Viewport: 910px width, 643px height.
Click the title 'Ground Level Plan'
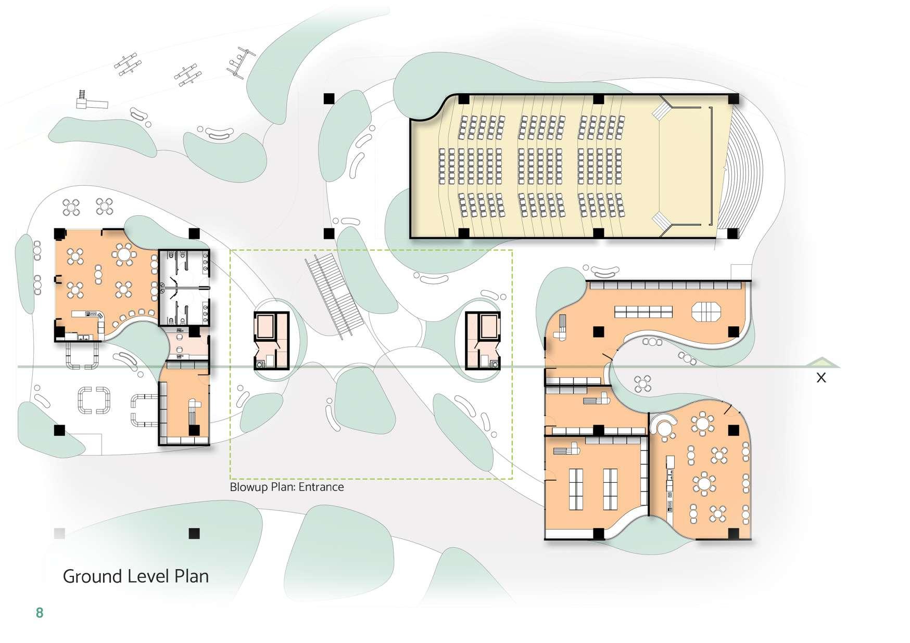pyautogui.click(x=135, y=576)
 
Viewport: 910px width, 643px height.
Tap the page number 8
pyautogui.click(x=40, y=613)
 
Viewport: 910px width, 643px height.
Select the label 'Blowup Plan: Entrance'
pyautogui.click(x=287, y=487)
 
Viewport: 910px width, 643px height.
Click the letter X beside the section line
pyautogui.click(x=821, y=378)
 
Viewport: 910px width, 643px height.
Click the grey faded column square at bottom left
pyautogui.click(x=59, y=533)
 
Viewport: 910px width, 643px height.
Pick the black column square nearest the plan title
pyautogui.click(x=194, y=533)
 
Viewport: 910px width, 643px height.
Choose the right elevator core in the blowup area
pyautogui.click(x=483, y=340)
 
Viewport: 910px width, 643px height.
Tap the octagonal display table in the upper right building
pyautogui.click(x=706, y=312)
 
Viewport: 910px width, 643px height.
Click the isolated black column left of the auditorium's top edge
pyautogui.click(x=329, y=98)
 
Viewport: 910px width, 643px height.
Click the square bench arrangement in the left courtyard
pyautogui.click(x=94, y=400)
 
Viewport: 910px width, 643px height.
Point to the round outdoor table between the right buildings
pyautogui.click(x=643, y=384)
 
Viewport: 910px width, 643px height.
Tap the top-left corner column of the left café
pyautogui.click(x=59, y=234)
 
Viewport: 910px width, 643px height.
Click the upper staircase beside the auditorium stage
pyautogui.click(x=662, y=110)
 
